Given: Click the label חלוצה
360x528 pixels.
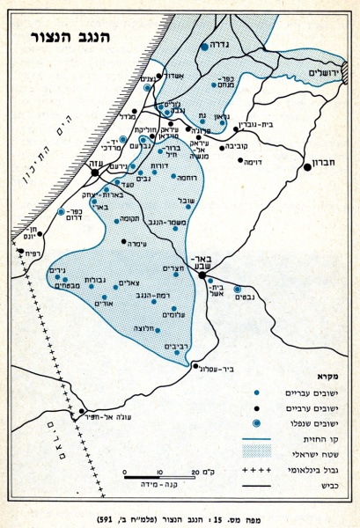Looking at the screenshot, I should point(147,326).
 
